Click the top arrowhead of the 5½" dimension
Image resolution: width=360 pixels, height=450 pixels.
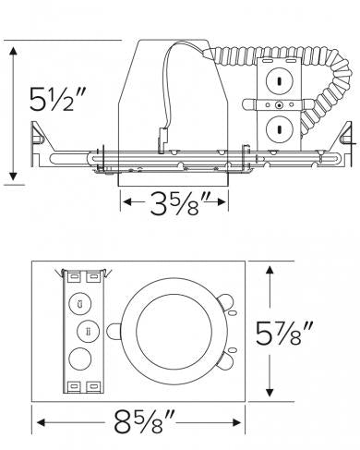click(13, 47)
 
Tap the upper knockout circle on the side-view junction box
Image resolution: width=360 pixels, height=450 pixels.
click(278, 81)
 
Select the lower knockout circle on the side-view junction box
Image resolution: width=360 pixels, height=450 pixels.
click(278, 128)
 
